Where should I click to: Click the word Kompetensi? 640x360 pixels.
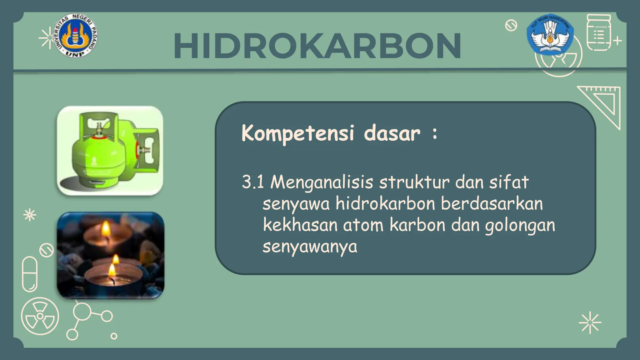click(x=297, y=133)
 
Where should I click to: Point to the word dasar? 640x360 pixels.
click(x=392, y=133)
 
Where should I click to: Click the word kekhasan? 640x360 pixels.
click(x=300, y=225)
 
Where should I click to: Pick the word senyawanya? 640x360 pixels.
click(x=309, y=247)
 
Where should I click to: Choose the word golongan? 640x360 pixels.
click(x=520, y=226)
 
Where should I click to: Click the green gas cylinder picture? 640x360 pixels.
click(x=110, y=151)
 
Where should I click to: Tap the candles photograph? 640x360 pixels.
click(x=110, y=255)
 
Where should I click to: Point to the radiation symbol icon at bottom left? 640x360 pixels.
click(x=40, y=316)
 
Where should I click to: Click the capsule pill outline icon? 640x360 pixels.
click(x=30, y=274)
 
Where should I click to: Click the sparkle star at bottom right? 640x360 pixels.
click(x=590, y=322)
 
